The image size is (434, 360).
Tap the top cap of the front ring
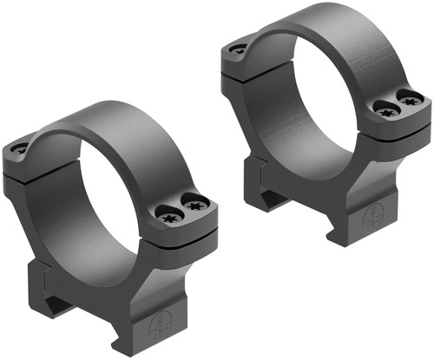pyautogui.click(x=104, y=121)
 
